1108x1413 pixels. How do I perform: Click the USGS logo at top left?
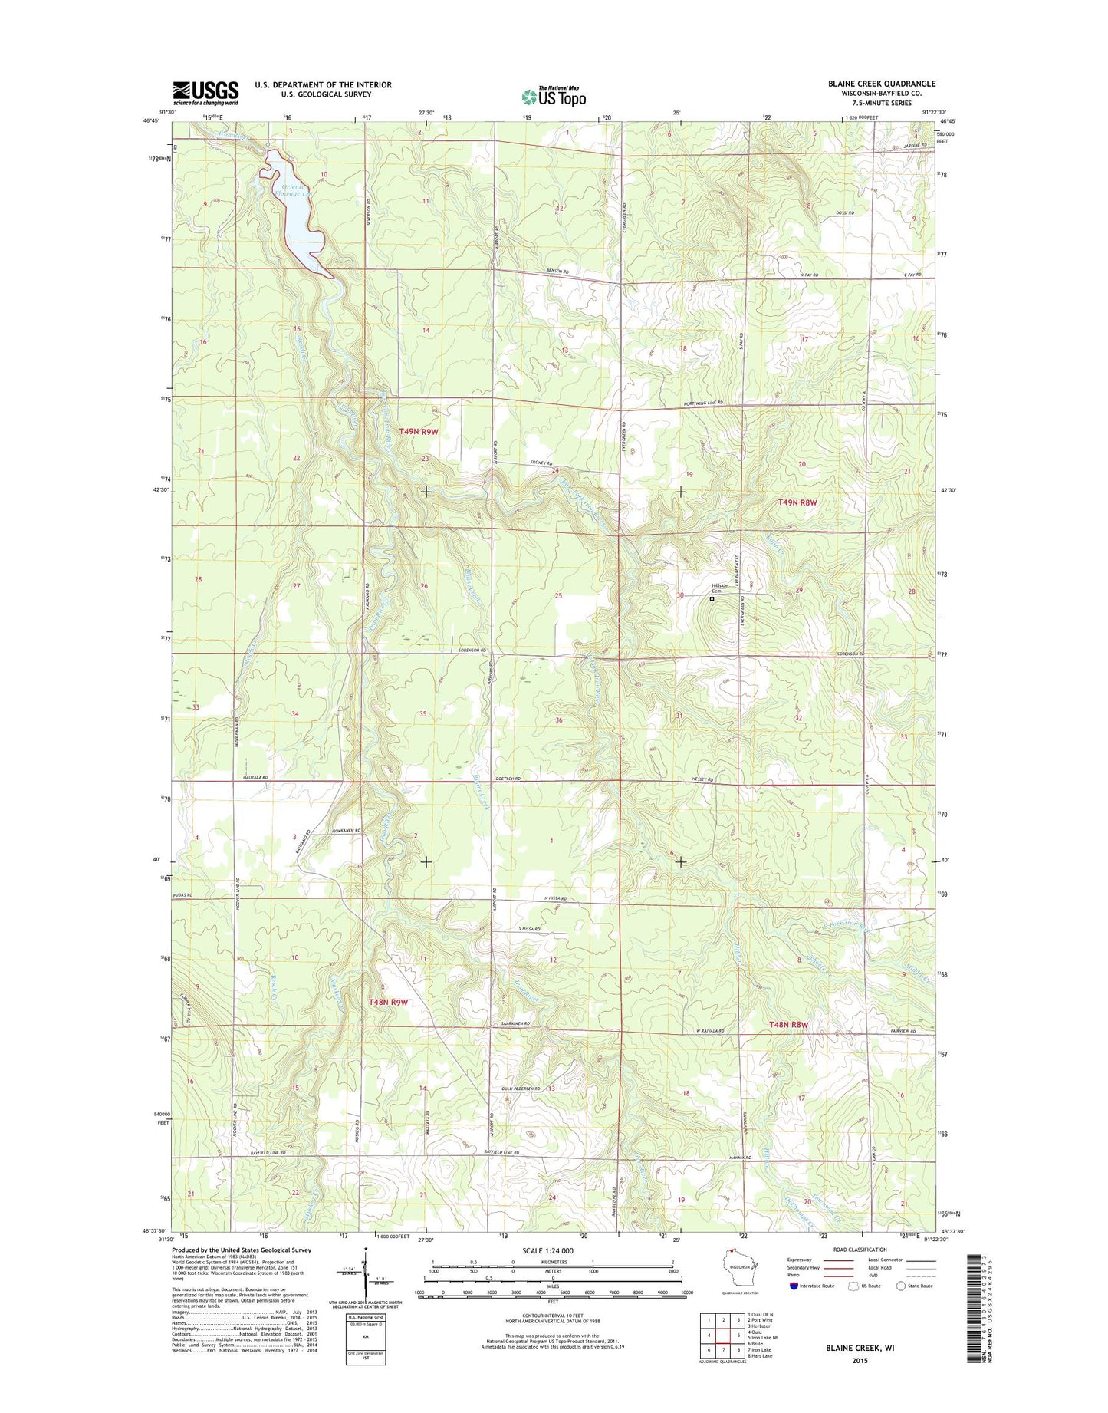click(x=205, y=93)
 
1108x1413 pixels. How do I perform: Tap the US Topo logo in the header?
click(x=554, y=96)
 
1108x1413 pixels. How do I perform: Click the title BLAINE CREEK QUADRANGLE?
click(x=881, y=84)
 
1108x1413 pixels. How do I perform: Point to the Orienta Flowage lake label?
click(x=294, y=190)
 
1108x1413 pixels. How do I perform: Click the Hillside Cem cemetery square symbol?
click(x=712, y=600)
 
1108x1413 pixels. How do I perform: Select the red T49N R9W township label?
click(x=419, y=432)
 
